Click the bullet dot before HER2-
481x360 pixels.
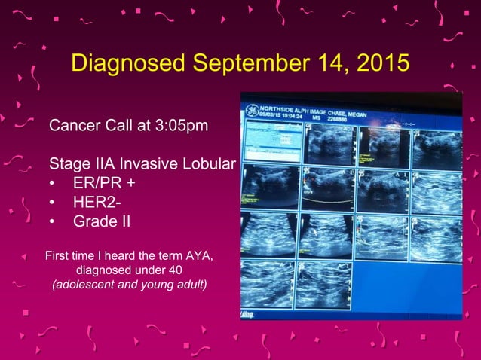(x=52, y=203)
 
